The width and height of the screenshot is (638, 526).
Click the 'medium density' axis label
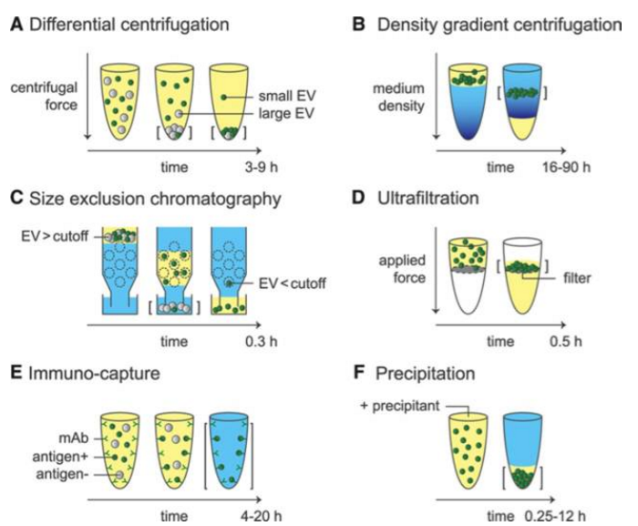tap(380, 96)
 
